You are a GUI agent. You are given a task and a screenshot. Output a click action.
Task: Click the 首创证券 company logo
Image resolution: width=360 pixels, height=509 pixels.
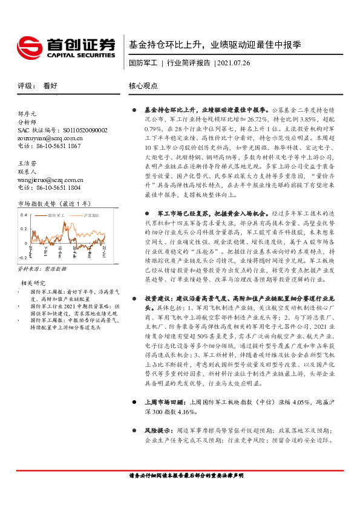(65, 45)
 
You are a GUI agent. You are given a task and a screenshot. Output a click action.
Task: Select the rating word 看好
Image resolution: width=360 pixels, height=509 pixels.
(50, 86)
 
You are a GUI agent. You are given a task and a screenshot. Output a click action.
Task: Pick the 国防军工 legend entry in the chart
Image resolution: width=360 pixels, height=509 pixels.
(55, 215)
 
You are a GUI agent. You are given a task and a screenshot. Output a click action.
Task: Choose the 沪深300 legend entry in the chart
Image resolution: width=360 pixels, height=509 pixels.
(89, 215)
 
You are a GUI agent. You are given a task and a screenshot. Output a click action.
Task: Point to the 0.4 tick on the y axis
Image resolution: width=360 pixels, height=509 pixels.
(24, 214)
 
